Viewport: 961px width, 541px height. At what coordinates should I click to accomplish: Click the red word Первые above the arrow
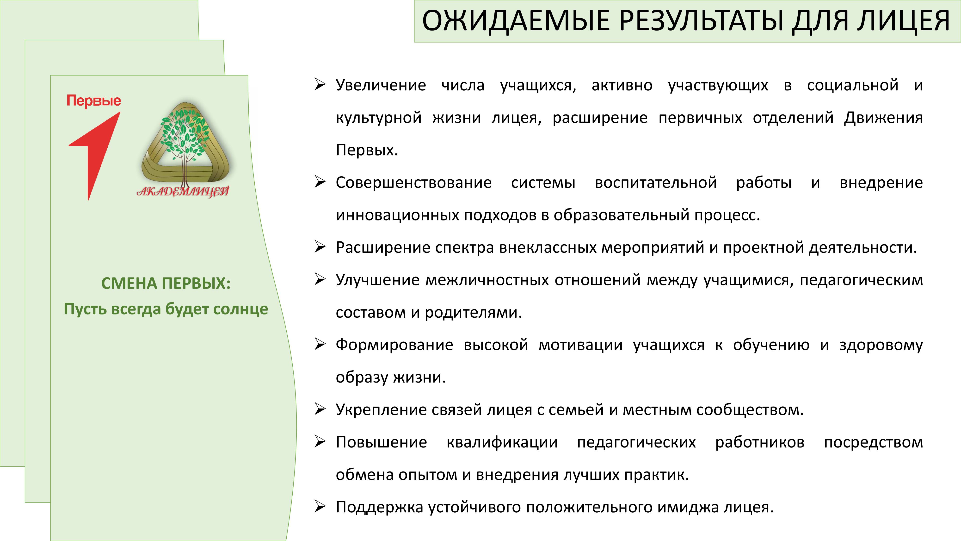coord(94,101)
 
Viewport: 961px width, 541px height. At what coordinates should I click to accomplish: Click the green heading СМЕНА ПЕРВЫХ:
coord(166,283)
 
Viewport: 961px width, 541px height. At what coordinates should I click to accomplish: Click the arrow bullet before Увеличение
coord(320,85)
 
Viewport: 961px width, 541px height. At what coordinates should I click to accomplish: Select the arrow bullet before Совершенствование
coord(320,182)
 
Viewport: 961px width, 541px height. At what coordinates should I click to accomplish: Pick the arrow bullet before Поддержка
coord(320,507)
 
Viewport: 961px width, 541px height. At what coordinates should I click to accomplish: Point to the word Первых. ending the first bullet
coord(367,150)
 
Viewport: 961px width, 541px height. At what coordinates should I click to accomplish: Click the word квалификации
coord(502,442)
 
